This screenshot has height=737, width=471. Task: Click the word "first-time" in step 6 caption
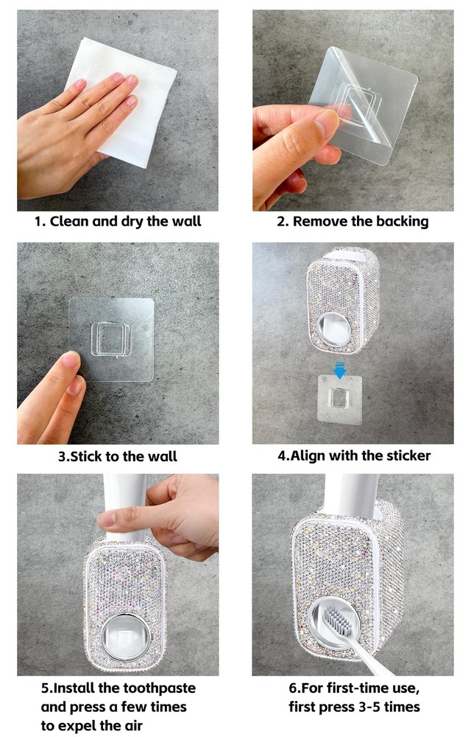tap(355, 688)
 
